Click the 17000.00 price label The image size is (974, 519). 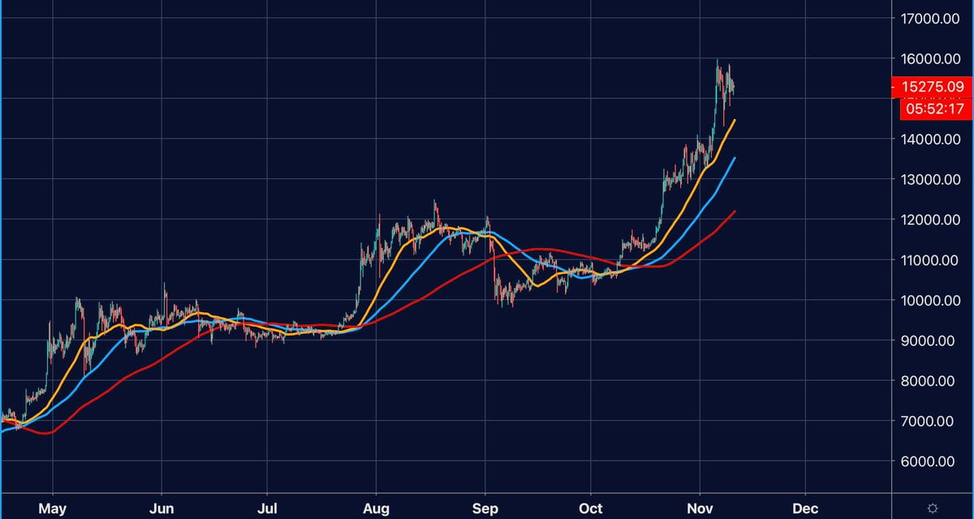point(932,19)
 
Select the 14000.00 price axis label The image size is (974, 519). point(932,139)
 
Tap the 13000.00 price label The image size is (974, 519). point(932,180)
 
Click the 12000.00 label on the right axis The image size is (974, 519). point(932,220)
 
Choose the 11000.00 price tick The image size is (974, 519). point(932,260)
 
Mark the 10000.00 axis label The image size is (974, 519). point(932,301)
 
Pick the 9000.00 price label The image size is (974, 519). point(935,341)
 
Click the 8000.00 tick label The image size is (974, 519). point(935,381)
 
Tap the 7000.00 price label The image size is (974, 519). point(935,422)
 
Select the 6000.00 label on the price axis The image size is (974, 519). point(935,462)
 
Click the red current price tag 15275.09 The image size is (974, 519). point(932,87)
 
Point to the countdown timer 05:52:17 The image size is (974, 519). point(932,107)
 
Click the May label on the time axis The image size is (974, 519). point(52,508)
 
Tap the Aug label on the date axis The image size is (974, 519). point(376,508)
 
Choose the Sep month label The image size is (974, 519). point(485,508)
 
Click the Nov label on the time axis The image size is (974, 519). point(699,508)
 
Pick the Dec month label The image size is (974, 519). point(805,508)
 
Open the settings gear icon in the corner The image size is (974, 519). point(933,508)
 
